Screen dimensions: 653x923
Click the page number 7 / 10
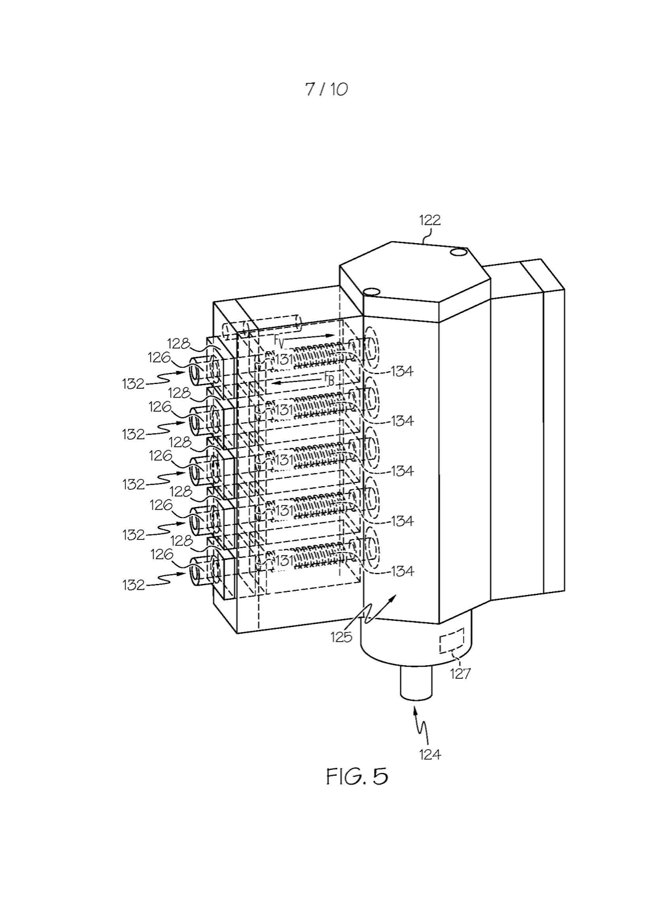(326, 89)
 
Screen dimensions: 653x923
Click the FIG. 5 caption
(357, 777)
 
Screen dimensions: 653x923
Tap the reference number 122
(430, 220)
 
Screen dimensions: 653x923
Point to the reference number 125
(341, 637)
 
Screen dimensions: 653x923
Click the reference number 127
(460, 673)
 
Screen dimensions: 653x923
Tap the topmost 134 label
(402, 371)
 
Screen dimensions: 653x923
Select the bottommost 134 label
(402, 571)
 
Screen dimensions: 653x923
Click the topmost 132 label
(133, 384)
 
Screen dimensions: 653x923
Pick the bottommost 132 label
(133, 585)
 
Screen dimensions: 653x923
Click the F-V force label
(279, 340)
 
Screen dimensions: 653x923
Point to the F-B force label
(329, 378)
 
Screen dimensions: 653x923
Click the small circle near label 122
(458, 251)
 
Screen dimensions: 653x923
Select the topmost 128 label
(178, 343)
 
